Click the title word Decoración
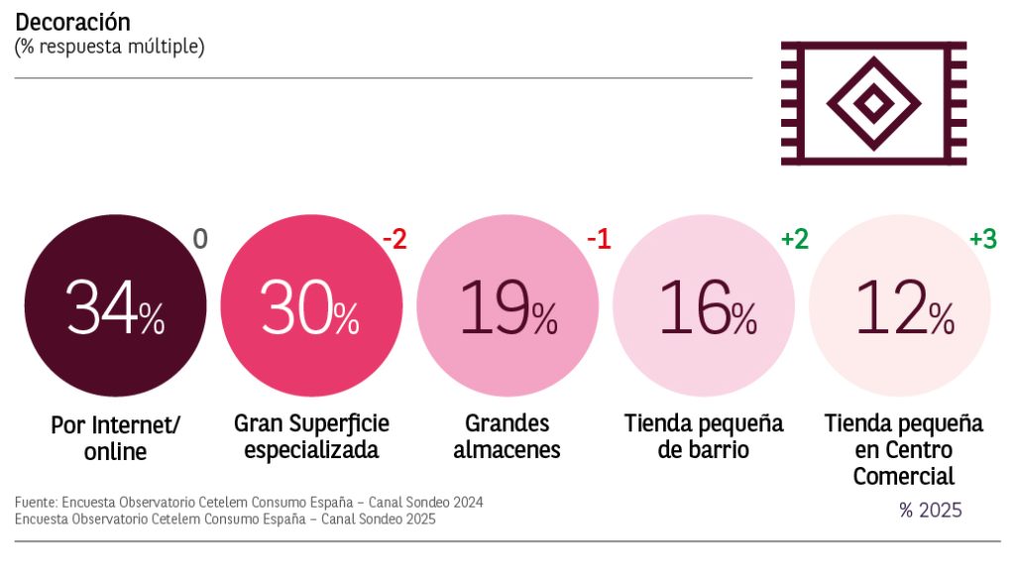tap(72, 22)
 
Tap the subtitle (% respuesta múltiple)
tap(109, 47)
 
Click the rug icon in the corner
tap(872, 102)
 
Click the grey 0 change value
tap(200, 240)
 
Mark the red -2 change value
tap(395, 240)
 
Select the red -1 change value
tap(598, 240)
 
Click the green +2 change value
tap(795, 240)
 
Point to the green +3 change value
tap(982, 240)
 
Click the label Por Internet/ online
tap(115, 438)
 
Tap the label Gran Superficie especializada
tap(311, 436)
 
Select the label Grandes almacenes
tap(507, 436)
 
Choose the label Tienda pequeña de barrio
tap(704, 436)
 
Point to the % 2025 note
tap(930, 512)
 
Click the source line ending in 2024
tap(249, 503)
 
